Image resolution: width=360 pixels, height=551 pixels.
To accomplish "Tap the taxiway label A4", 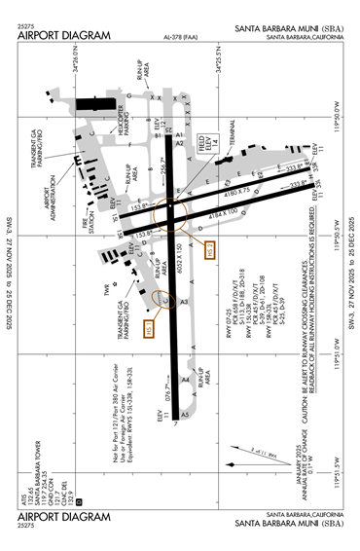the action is (185, 379).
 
